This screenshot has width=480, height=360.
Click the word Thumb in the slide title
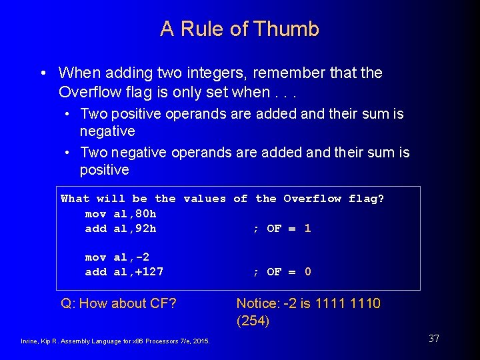290,29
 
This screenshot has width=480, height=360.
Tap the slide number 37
433,339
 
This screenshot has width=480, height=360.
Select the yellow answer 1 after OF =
307,229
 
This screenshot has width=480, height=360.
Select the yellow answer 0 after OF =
307,272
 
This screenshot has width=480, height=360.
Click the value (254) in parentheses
253,321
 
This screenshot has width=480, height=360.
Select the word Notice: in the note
258,304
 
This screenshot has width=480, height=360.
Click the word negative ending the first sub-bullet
107,131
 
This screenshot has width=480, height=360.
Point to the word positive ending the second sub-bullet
105,170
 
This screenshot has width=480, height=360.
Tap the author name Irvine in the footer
31,342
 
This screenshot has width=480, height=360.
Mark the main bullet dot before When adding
43,73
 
